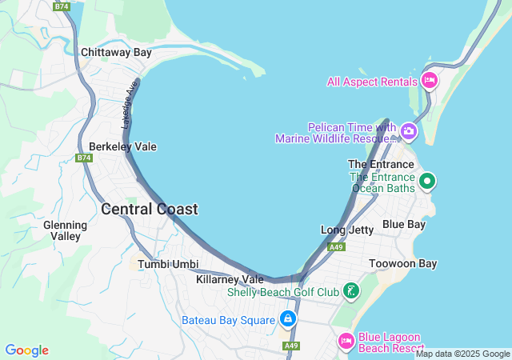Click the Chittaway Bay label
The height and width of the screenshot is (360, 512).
116,53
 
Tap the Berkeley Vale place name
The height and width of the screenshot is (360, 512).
122,147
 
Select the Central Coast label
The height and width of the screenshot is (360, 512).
150,210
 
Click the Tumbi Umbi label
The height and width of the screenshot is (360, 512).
168,264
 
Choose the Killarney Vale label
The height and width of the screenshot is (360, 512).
230,279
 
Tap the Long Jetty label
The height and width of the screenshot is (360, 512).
346,230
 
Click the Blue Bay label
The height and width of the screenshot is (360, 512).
403,224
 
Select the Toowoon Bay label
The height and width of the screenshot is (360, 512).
403,263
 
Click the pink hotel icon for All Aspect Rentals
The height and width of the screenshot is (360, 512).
430,81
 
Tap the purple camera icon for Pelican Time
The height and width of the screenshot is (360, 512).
409,130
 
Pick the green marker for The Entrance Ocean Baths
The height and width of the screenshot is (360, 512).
427,181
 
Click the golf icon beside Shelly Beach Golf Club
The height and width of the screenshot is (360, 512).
350,291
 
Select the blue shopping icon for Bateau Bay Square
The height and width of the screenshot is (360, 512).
287,320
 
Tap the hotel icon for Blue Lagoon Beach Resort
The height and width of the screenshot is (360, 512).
346,341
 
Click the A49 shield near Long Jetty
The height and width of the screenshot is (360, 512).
336,247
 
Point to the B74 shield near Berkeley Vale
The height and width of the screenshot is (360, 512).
85,158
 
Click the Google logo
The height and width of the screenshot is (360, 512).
26,350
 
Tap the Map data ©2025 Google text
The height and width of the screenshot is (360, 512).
462,354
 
